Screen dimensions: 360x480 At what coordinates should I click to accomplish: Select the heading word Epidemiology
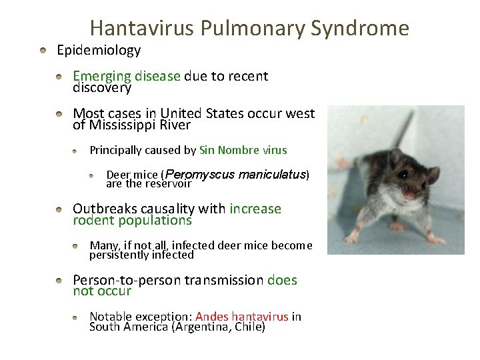99,50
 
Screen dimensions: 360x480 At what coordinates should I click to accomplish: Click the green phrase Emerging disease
127,76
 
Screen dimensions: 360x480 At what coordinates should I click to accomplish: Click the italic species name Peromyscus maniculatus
239,174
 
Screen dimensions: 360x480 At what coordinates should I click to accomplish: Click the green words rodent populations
132,220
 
